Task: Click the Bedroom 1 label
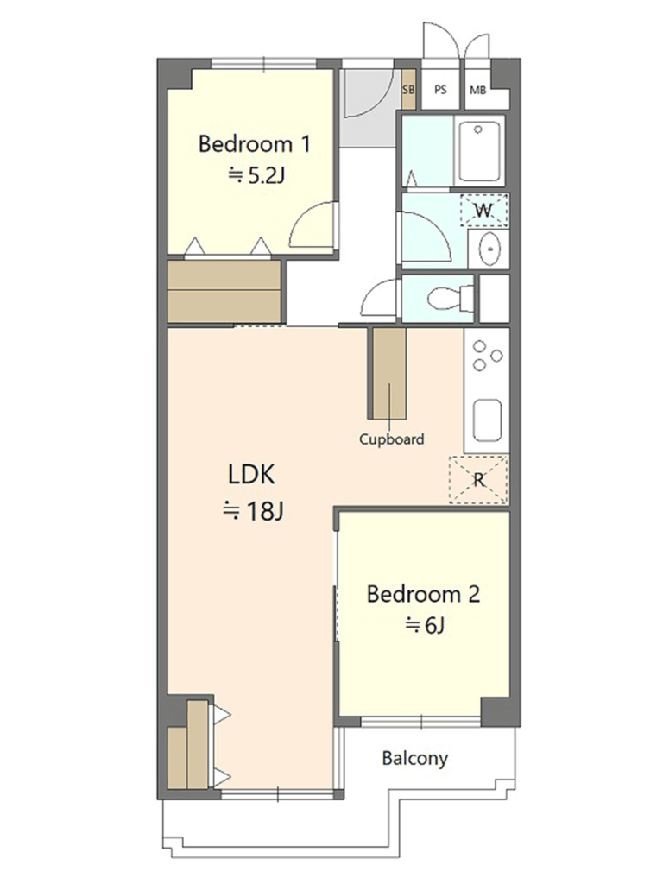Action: (x=255, y=144)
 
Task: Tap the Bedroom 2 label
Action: (x=423, y=594)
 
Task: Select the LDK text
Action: (x=251, y=474)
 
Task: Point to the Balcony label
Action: (x=415, y=758)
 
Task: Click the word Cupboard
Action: (x=392, y=439)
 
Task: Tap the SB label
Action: (x=408, y=90)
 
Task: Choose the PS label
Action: (x=441, y=89)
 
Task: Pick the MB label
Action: (x=478, y=90)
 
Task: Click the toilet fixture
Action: (x=451, y=298)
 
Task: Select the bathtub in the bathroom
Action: (x=478, y=151)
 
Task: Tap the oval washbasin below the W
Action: (x=489, y=249)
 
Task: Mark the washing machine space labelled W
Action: (x=483, y=210)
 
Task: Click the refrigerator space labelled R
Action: (x=478, y=480)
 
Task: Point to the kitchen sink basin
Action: (x=487, y=420)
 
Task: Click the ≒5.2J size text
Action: (x=256, y=176)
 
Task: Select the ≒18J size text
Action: (x=253, y=511)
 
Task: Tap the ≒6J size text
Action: (x=425, y=625)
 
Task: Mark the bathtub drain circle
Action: (x=478, y=129)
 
